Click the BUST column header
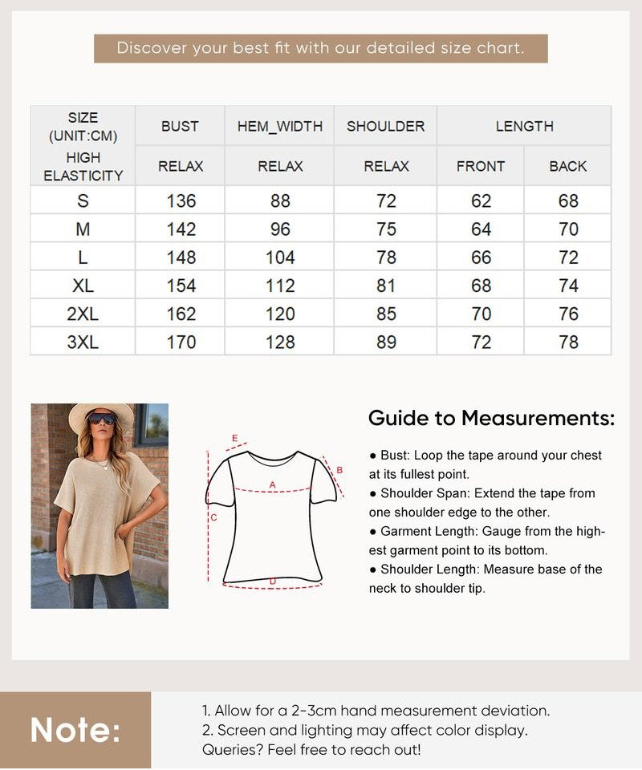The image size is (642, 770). [180, 126]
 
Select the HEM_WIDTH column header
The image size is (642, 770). [280, 126]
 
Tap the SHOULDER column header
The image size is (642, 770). [386, 126]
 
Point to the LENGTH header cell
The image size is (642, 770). [524, 126]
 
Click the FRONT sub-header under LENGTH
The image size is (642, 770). [481, 166]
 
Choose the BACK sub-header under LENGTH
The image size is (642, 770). [568, 166]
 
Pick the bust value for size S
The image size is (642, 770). [181, 201]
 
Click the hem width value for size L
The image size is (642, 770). [280, 257]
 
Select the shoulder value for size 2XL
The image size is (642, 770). [386, 314]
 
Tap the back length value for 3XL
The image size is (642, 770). [568, 342]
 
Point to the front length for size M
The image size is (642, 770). [481, 229]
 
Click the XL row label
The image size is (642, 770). [83, 286]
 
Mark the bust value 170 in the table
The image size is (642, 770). [181, 342]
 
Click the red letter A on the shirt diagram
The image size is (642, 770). [272, 484]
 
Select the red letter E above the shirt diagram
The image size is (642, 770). [234, 438]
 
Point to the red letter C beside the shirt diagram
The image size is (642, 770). [213, 518]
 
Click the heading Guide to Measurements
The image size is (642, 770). [491, 418]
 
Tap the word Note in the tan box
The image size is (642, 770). [75, 730]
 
